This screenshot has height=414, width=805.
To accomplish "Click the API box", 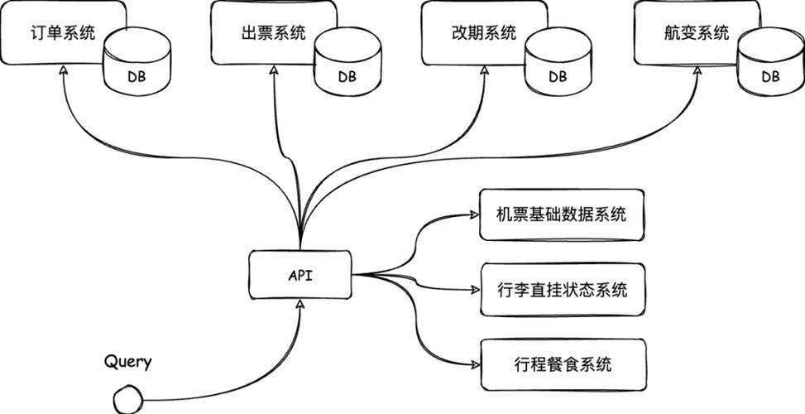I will [x=299, y=276].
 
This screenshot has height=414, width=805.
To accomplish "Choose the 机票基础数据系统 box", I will [x=562, y=215].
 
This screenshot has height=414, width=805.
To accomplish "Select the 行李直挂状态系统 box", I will [x=562, y=290].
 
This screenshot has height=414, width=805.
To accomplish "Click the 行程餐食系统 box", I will [x=562, y=363].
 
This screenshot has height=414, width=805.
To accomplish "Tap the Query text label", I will [x=128, y=362].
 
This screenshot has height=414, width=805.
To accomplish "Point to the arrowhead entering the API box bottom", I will [x=299, y=306].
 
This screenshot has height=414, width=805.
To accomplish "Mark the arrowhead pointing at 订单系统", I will [x=63, y=72].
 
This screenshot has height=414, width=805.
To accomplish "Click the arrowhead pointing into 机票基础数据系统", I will [x=473, y=214].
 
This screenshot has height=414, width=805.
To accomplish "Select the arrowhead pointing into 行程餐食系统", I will [x=473, y=365].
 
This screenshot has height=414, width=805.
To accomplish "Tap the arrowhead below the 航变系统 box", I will [x=693, y=72].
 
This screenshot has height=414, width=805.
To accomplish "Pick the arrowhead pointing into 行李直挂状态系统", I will [x=473, y=290].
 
